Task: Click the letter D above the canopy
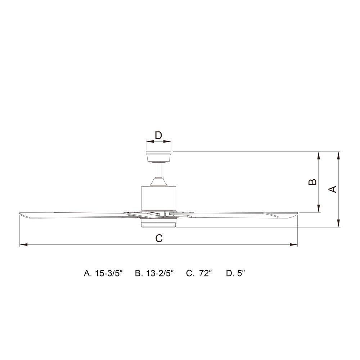tap(158, 135)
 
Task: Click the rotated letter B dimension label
tap(312, 182)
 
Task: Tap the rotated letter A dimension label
tap(333, 189)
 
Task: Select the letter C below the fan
tap(159, 238)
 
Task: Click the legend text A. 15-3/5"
tap(103, 273)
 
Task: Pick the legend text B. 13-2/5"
tap(154, 273)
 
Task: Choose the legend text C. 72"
tap(199, 273)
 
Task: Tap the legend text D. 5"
tap(235, 273)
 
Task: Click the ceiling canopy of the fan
tap(159, 157)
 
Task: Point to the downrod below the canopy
tap(159, 170)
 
